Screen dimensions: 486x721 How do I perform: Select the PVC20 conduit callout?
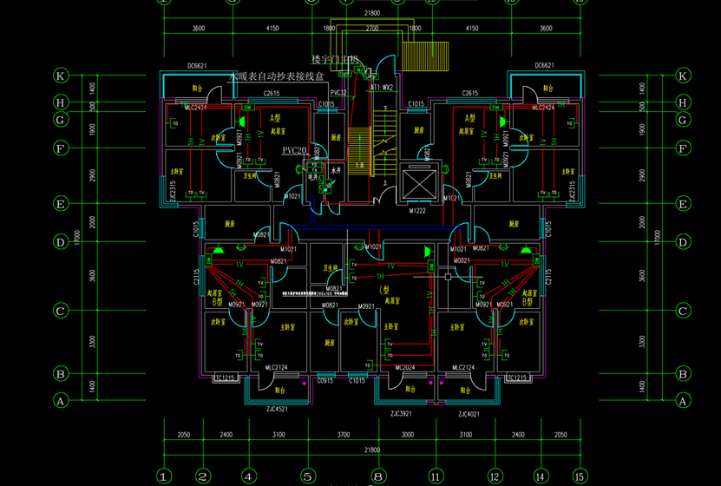pyautogui.click(x=295, y=151)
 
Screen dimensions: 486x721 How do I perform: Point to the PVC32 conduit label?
pyautogui.click(x=338, y=93)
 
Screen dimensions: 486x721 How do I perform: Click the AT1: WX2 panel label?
pyautogui.click(x=383, y=88)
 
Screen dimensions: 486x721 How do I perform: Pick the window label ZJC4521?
pyautogui.click(x=278, y=410)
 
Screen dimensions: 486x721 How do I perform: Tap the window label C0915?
pyautogui.click(x=325, y=381)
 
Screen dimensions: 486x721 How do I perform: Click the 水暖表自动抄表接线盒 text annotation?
pyautogui.click(x=275, y=77)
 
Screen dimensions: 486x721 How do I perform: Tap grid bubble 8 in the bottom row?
pyautogui.click(x=377, y=476)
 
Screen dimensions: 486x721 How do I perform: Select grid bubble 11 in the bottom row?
pyautogui.click(x=435, y=476)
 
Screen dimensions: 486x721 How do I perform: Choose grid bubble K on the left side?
pyautogui.click(x=61, y=76)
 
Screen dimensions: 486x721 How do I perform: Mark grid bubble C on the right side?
pyautogui.click(x=682, y=311)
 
